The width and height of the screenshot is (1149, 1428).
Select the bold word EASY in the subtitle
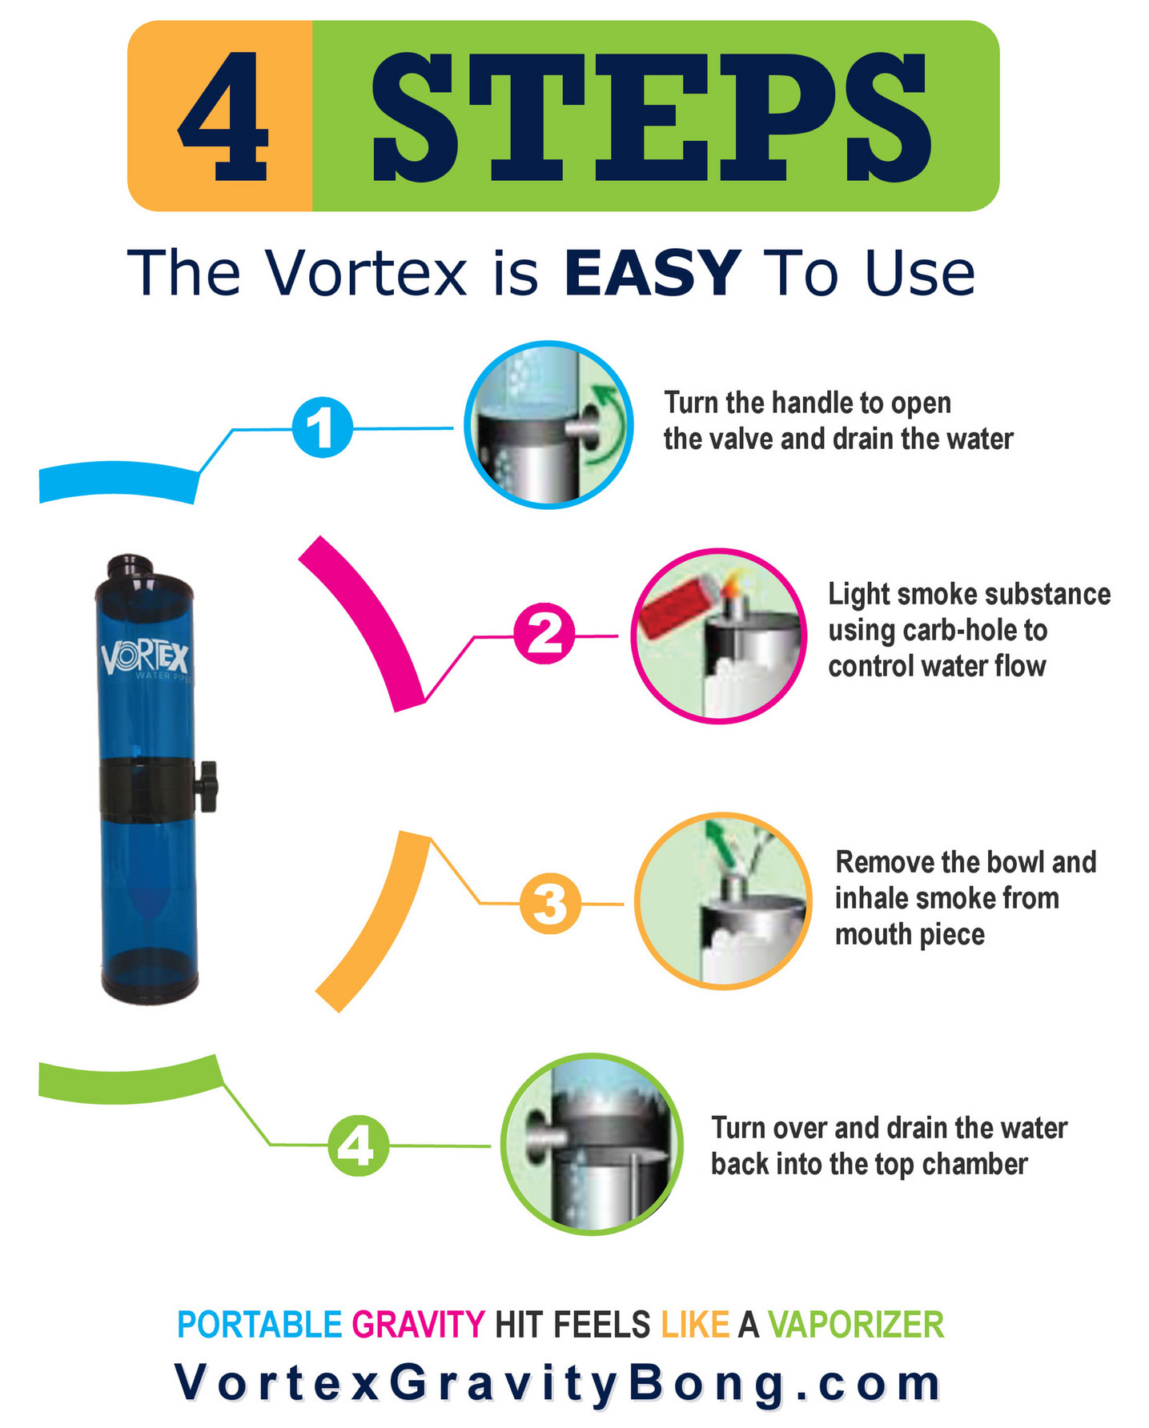coord(652,274)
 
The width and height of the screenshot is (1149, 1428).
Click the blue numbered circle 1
coord(322,427)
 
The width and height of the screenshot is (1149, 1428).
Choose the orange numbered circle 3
coord(550,903)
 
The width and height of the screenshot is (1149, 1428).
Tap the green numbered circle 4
coord(358,1145)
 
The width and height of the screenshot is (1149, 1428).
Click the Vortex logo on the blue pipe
coord(144,659)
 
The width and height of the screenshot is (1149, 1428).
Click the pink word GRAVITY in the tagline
coord(418,1324)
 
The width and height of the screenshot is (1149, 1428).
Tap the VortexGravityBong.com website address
coord(558,1383)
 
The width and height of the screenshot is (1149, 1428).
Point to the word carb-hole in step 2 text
coord(961,631)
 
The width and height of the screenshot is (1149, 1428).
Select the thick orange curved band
coord(376,921)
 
